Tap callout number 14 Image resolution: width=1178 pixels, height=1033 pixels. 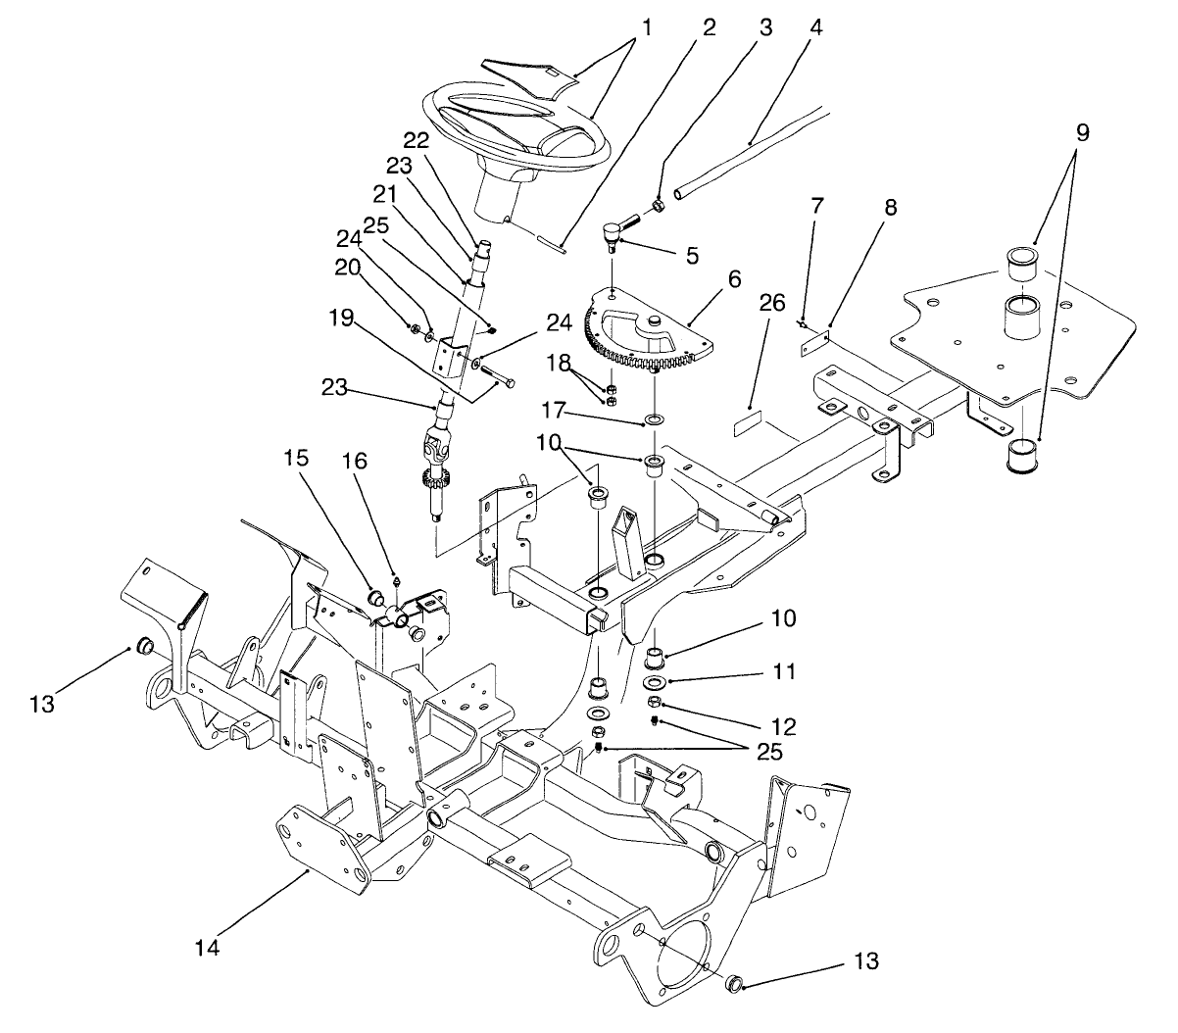point(207,948)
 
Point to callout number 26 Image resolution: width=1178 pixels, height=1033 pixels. point(771,304)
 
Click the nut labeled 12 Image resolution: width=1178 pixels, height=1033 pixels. point(654,703)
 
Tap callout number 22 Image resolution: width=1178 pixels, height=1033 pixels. point(416,141)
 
